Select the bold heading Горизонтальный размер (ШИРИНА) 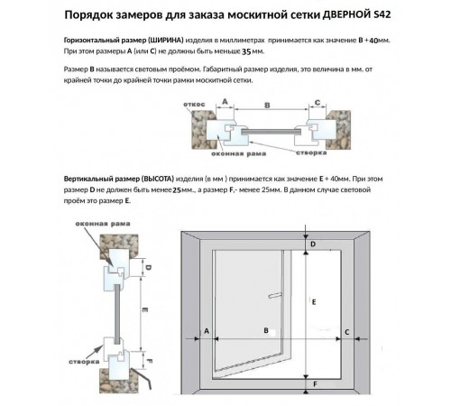pos(124,42)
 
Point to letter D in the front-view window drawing pos(313,245)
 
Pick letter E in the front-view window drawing pos(313,301)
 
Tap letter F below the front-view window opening pos(313,384)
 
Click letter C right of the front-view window pos(348,332)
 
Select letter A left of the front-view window pos(207,332)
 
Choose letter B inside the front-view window pos(265,332)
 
